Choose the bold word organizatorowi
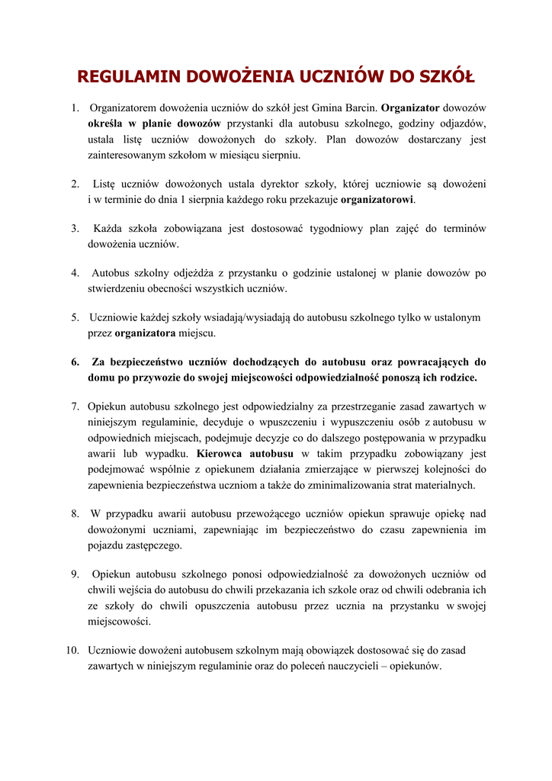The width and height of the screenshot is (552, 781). tap(377, 200)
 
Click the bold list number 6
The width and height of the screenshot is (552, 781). tap(75, 362)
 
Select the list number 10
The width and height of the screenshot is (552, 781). tap(72, 650)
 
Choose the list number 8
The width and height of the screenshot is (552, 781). tap(75, 513)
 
